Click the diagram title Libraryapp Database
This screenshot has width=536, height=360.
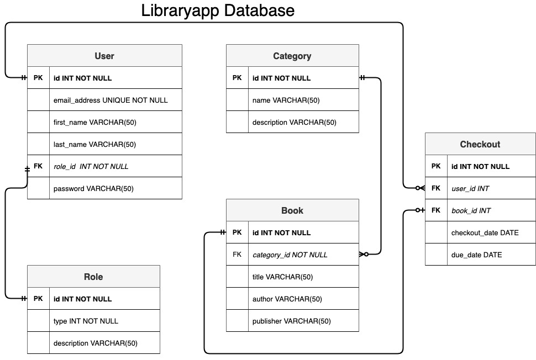(218, 10)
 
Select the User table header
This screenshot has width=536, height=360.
(104, 56)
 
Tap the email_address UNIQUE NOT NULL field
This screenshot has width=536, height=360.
(111, 100)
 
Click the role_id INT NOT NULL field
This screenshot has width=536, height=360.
(91, 166)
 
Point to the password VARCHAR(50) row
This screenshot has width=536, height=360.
(93, 188)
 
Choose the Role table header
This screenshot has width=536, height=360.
(93, 277)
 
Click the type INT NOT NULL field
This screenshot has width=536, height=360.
(86, 321)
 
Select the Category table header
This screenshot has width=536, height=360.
(292, 56)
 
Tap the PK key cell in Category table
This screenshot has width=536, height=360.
(237, 78)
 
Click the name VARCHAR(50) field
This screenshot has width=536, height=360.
(286, 100)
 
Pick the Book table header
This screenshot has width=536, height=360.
(292, 210)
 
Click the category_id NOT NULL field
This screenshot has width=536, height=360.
(290, 255)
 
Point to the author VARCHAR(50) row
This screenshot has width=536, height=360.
(287, 299)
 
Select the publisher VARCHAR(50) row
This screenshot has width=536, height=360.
(291, 321)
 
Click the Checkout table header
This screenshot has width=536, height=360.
(480, 144)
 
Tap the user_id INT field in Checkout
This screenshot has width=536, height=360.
(470, 188)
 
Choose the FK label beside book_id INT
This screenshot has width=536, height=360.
(436, 210)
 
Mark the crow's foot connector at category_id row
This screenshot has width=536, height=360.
(364, 255)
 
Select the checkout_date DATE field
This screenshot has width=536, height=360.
(485, 232)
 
